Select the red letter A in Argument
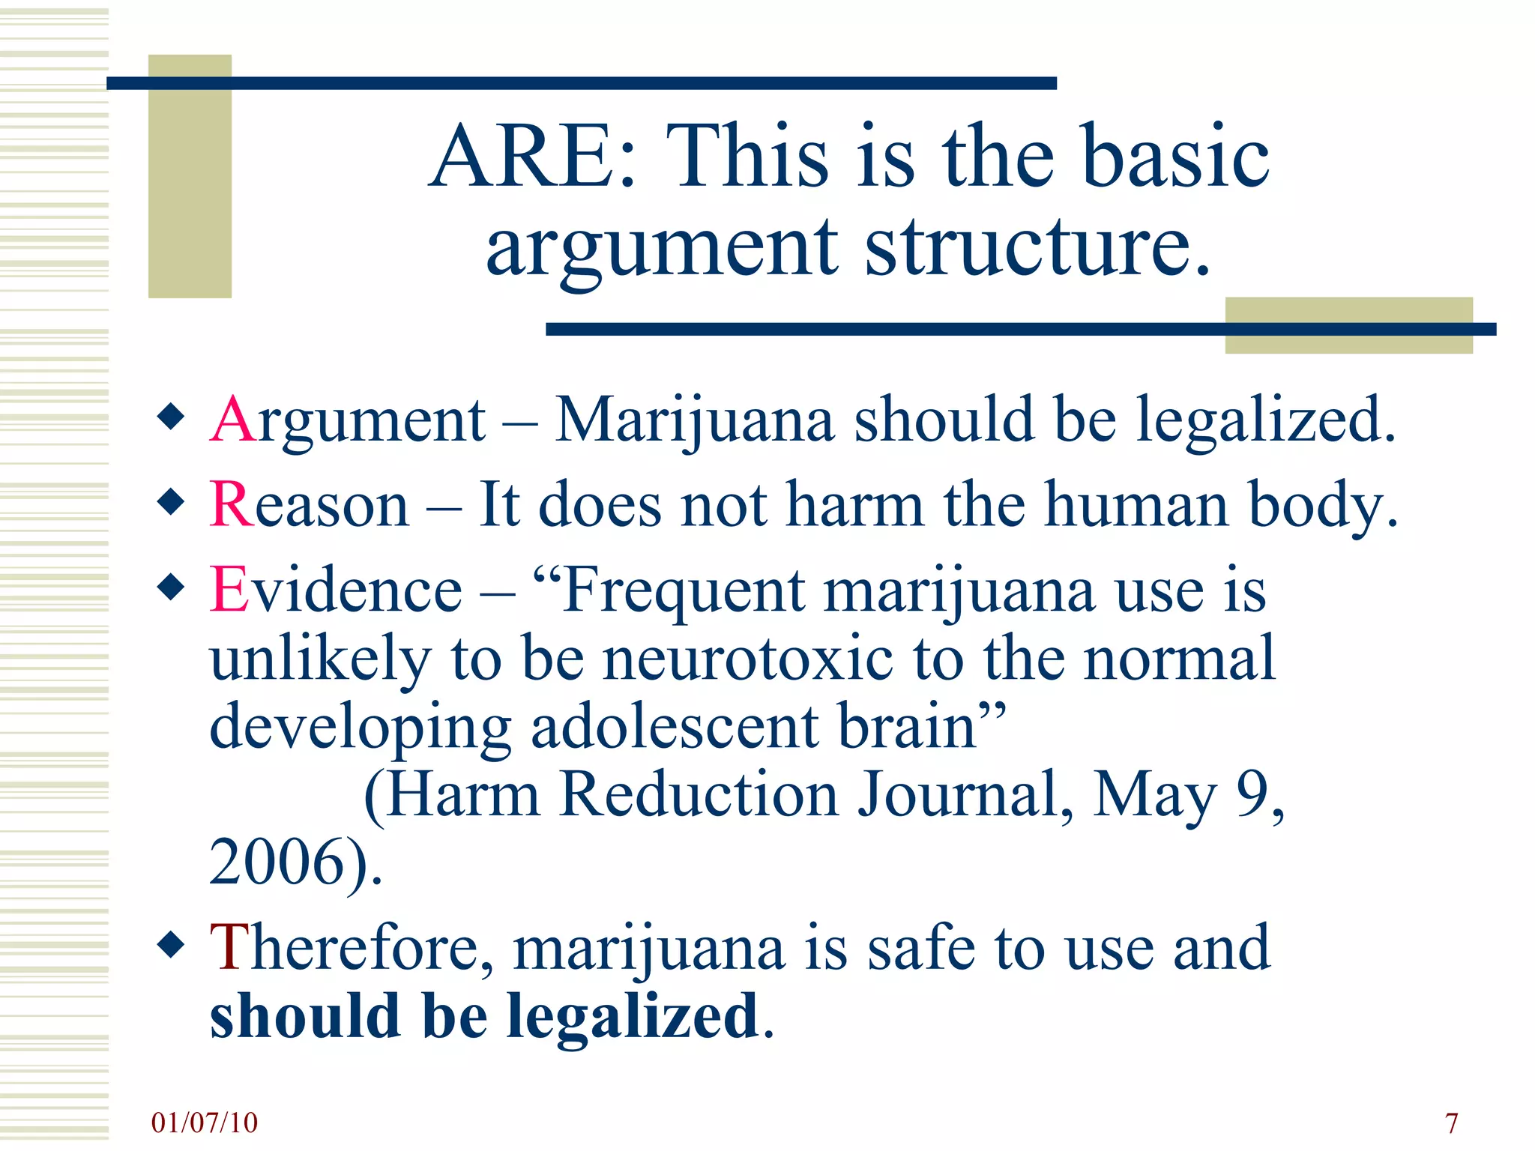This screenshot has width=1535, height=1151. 233,420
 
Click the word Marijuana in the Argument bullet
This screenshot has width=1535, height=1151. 694,420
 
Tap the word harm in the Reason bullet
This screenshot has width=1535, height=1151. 854,504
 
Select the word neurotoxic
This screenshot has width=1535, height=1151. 748,658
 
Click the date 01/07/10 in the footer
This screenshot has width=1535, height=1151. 204,1123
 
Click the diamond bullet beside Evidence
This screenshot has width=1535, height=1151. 172,587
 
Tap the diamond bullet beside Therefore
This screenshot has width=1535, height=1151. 172,945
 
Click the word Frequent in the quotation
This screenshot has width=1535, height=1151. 684,590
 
